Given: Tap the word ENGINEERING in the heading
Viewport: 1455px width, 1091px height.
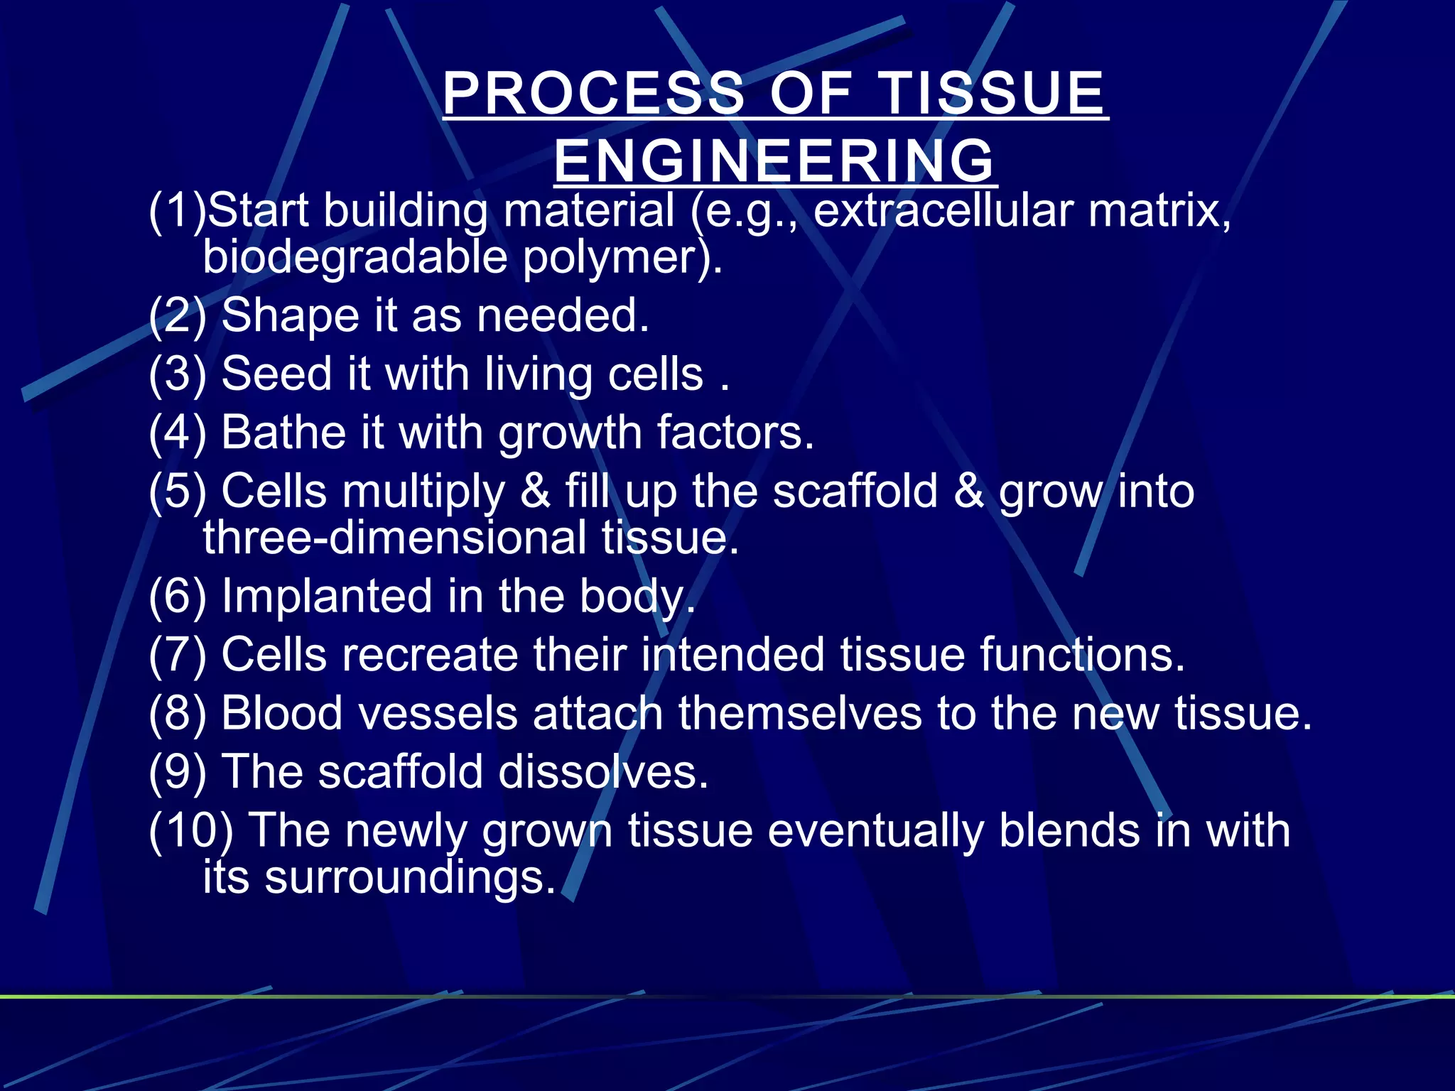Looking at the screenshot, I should (774, 161).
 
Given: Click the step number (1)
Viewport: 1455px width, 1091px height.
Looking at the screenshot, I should (177, 211).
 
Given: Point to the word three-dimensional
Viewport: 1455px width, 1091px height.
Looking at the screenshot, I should (394, 538).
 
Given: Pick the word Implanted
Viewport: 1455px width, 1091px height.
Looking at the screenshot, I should (327, 596).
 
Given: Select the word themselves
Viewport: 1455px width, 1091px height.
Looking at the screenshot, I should (799, 713).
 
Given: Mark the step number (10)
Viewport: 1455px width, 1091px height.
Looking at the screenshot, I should (190, 830).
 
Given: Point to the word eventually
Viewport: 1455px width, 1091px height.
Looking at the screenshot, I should (875, 830).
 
